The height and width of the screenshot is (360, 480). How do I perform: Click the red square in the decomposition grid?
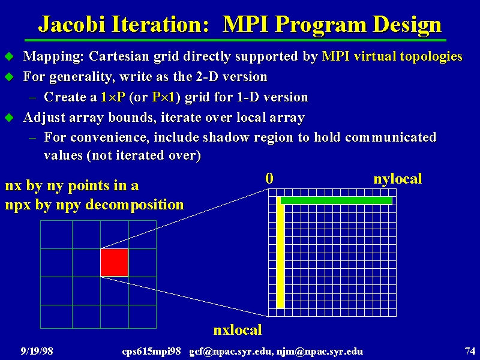coord(115,262)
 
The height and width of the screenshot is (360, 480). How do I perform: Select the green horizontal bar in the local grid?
coord(336,200)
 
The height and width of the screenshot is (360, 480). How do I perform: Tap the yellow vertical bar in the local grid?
coord(280,253)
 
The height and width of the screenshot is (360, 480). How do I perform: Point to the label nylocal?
coord(398,179)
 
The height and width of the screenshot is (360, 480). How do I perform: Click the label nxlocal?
coord(238,330)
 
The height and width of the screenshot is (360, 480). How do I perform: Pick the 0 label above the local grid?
coord(269,178)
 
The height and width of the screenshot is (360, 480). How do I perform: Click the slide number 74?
coord(470,350)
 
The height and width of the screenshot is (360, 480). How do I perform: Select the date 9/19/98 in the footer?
coord(37,351)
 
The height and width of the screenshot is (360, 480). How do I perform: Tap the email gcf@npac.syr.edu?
coord(231,351)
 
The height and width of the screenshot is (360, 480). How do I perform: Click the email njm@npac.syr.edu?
coord(320,351)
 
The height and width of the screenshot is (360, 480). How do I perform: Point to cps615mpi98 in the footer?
coord(152,352)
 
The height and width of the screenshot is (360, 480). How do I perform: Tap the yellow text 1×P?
coord(113,97)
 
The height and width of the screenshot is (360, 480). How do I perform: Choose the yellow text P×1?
coord(163,97)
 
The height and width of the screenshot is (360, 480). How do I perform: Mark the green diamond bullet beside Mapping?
coord(9,56)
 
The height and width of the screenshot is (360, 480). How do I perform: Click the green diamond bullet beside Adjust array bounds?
coord(9,118)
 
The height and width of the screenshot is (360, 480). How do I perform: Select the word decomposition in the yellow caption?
coord(134,205)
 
